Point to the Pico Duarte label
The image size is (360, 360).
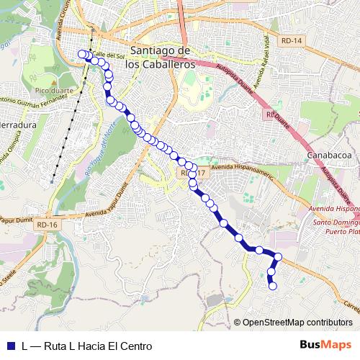tap(48, 92)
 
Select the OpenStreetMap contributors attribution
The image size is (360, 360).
tap(297, 323)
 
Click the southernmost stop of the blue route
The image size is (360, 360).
tap(273, 286)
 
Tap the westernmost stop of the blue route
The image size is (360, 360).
tap(81, 53)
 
